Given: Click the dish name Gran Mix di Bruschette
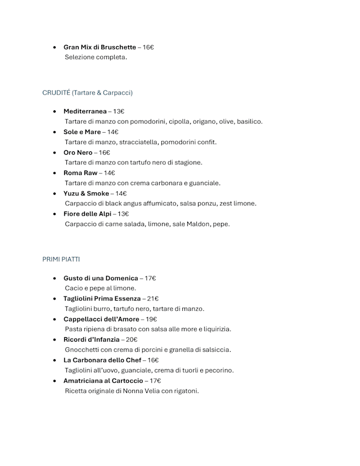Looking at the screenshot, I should coord(99,47).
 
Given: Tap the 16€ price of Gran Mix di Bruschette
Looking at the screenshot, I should coord(148,47).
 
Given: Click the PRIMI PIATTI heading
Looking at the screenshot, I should coord(61,259).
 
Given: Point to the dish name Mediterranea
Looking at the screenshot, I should coord(85,111).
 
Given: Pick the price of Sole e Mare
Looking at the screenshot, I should coord(112,132).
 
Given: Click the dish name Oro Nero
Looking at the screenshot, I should coord(78,153).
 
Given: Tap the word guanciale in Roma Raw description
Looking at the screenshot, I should coord(205,183).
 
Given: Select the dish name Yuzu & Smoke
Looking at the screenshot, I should coord(86,193).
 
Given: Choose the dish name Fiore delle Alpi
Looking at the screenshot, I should coord(87,214).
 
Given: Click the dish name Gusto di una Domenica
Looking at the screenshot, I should coord(101,278).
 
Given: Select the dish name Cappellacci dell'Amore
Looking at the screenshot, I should coord(102,319).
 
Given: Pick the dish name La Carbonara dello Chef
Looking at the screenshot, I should coord(102,360).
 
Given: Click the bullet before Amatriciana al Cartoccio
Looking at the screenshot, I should coord(54,381).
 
